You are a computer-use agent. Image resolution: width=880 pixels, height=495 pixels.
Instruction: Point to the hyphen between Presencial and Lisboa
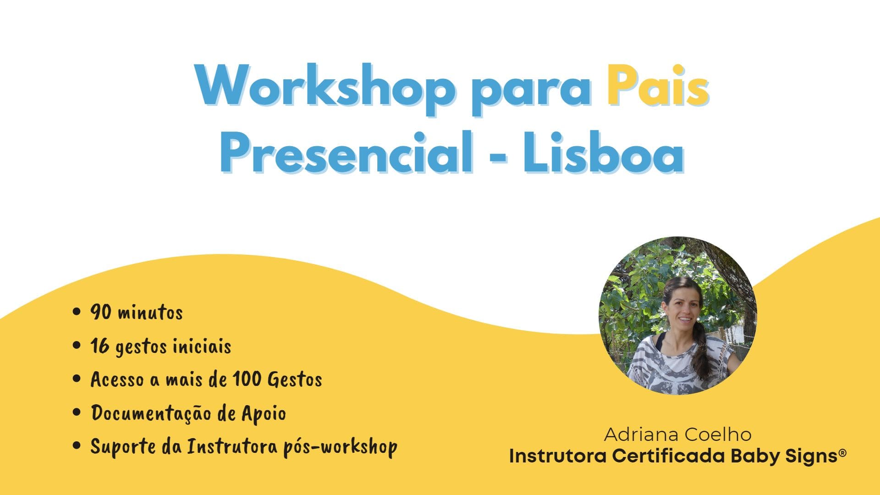coord(498,158)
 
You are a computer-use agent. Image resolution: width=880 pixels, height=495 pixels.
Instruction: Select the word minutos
coord(150,313)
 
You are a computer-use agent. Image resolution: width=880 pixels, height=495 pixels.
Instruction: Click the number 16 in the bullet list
coord(99,346)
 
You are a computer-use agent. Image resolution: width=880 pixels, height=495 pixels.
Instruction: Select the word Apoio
coord(264,414)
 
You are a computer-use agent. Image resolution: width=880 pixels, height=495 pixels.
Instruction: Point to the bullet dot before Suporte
coord(77,445)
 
